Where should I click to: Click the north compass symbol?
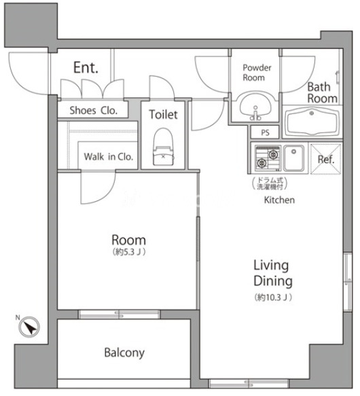coord(29,327)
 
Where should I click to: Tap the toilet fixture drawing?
coord(163,147)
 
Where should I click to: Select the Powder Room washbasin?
coord(255,107)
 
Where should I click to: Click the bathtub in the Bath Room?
coord(312,122)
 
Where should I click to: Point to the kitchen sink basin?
coord(293,158)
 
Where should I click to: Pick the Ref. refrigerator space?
coord(325,159)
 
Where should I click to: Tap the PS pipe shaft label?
coord(265,132)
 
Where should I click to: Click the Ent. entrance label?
coord(86,68)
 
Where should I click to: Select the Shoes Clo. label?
coord(94,111)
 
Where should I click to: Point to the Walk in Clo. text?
coord(109,157)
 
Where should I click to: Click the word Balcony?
coord(124,353)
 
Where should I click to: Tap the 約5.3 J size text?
coord(129,252)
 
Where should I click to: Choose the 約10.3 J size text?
coord(273,298)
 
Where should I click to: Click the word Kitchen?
coord(279,200)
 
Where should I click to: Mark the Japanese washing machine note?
coord(270,183)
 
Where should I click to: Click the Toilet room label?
coord(163,114)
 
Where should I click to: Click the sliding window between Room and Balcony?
coord(120,314)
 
